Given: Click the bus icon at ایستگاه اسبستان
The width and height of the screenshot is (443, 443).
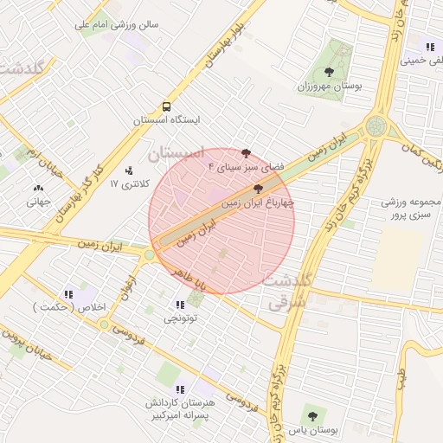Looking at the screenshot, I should tap(165, 106).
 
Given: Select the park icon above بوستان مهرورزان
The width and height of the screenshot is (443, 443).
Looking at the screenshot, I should tap(329, 73).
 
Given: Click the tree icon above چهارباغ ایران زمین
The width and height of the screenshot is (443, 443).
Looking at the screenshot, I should tap(259, 189).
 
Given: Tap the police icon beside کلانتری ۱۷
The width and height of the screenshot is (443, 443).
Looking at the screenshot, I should tap(130, 170).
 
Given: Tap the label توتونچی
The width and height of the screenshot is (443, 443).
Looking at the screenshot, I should tap(181, 318).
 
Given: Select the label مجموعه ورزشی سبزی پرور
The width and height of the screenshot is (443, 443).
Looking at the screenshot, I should tap(411, 209).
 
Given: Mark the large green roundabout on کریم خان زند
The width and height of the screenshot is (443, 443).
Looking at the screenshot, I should tap(375, 126).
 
